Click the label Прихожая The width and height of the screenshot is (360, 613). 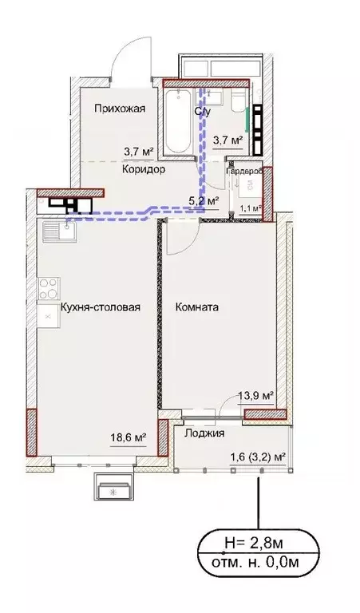tap(118, 110)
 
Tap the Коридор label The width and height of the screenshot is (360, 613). tap(144, 169)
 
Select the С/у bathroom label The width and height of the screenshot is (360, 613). tap(203, 112)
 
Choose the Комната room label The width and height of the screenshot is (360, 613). tap(198, 306)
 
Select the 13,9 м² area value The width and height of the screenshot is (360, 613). tap(256, 395)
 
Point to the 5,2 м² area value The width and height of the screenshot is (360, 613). tap(203, 201)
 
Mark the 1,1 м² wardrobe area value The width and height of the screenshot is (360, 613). tap(251, 208)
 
